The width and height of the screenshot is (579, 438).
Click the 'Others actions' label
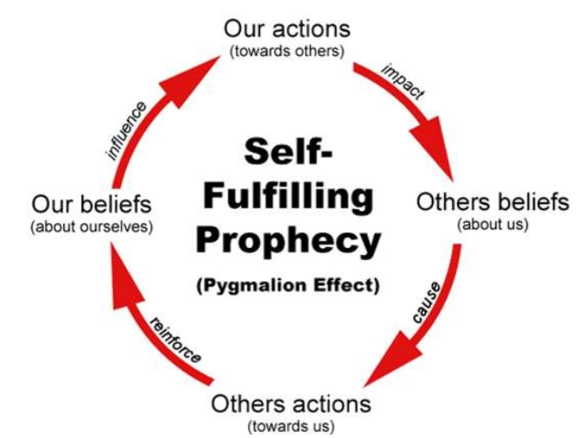pyautogui.click(x=291, y=405)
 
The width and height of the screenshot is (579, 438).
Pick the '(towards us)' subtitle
pyautogui.click(x=291, y=427)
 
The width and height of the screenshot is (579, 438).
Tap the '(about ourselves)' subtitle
pyautogui.click(x=92, y=227)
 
